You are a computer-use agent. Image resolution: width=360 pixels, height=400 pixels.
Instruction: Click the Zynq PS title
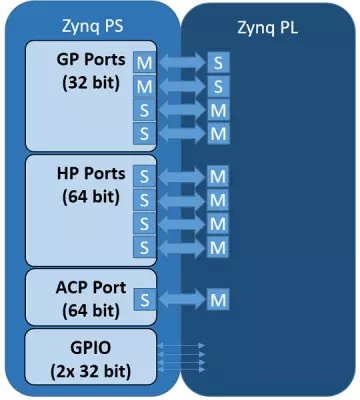click(87, 21)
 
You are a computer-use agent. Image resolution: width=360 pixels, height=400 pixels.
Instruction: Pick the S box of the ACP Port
click(145, 298)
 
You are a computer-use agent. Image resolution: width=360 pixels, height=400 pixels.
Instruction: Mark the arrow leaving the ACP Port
click(181, 298)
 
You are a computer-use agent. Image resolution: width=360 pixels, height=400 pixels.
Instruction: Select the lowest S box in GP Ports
click(145, 133)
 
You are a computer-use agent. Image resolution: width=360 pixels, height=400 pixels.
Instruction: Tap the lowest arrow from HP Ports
click(181, 245)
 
